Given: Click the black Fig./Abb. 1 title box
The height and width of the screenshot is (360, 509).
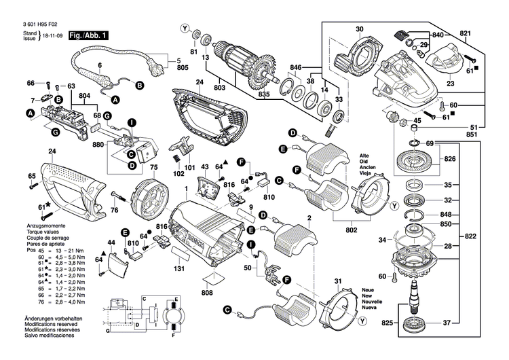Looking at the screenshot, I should (87, 34).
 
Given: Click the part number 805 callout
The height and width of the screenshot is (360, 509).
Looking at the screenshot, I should (183, 69).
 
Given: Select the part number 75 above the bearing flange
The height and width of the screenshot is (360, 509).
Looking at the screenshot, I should (153, 166).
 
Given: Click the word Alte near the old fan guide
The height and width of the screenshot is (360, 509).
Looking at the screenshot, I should (364, 156).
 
